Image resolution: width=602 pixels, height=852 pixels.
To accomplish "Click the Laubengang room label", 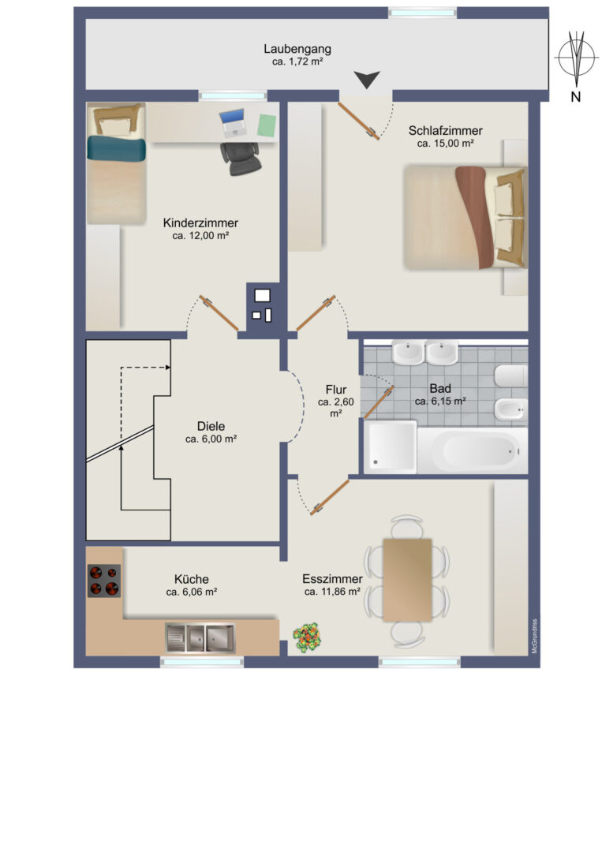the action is [297, 49].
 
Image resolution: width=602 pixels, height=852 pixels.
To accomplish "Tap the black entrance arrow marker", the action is [367, 80].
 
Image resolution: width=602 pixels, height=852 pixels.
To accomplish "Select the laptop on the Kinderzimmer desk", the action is [233, 123].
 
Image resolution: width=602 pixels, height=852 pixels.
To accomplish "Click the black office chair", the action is [240, 159].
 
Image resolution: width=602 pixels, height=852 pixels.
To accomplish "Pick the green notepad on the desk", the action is [267, 125].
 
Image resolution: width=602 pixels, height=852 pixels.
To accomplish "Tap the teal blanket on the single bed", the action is [116, 148].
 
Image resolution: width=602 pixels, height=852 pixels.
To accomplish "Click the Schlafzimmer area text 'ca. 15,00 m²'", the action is [446, 144].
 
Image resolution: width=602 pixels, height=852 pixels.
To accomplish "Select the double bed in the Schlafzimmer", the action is [465, 218].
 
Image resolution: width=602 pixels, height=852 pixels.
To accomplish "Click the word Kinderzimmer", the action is [200, 222].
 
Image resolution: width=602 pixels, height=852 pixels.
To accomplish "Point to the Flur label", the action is [336, 390].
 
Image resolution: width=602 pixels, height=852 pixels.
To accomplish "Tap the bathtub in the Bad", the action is [472, 450].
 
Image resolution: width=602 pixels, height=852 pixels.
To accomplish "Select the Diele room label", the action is [211, 426].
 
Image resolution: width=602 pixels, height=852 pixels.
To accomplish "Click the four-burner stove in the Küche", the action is [104, 581].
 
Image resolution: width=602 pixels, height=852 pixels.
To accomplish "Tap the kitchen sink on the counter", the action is [200, 638].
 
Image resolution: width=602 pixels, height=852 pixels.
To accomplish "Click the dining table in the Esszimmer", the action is [407, 580].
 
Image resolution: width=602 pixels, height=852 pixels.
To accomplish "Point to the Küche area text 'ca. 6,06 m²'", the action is [192, 592].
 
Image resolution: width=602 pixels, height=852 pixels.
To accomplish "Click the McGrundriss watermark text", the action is [535, 636].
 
